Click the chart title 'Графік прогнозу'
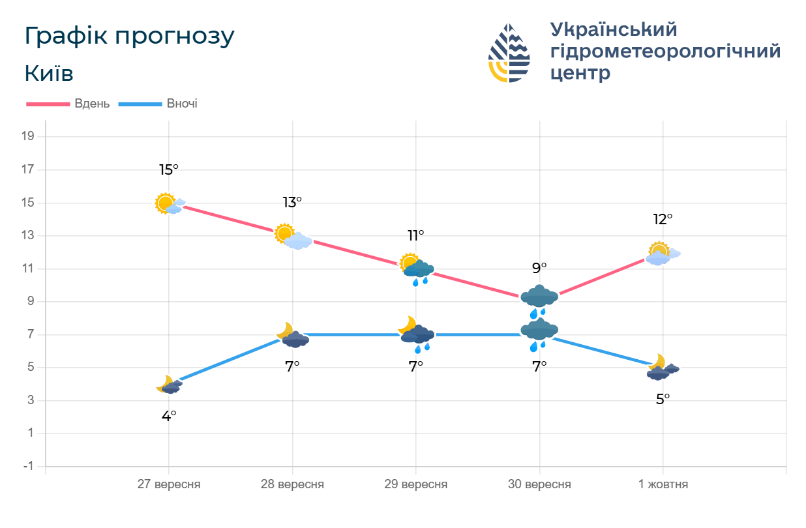[129, 37]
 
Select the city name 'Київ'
[49, 74]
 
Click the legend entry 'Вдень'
[92, 104]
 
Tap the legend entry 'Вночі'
[182, 104]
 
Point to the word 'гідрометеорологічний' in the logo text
[665, 51]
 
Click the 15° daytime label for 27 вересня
[168, 170]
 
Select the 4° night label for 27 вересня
[169, 416]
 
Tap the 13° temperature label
[292, 203]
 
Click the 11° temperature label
[416, 235]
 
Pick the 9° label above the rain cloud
[539, 268]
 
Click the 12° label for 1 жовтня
[663, 219]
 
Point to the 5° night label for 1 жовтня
[663, 399]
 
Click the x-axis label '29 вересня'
[416, 484]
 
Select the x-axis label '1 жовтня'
[663, 484]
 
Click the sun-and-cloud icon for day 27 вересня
[170, 204]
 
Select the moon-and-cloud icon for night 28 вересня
[293, 335]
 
